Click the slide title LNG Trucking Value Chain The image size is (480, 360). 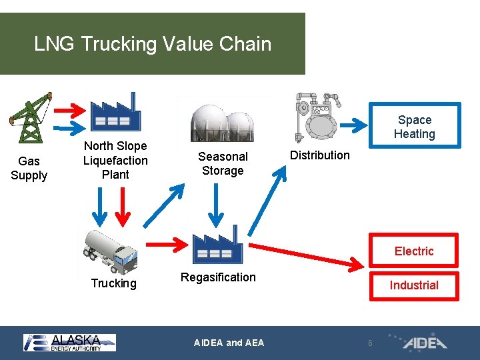point(153,44)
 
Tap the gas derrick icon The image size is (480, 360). point(29,117)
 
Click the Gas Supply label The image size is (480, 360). point(29,168)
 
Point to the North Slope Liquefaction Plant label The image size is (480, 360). point(115,160)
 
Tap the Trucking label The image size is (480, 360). point(113,283)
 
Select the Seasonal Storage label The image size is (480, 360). point(223,163)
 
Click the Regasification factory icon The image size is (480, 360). point(217,243)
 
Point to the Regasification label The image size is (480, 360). point(218,277)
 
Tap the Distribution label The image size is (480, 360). point(319,155)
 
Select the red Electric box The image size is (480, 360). point(414,251)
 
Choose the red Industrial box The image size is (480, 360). point(414,285)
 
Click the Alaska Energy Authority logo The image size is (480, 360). point(69,342)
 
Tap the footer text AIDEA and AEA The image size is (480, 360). point(229,343)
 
